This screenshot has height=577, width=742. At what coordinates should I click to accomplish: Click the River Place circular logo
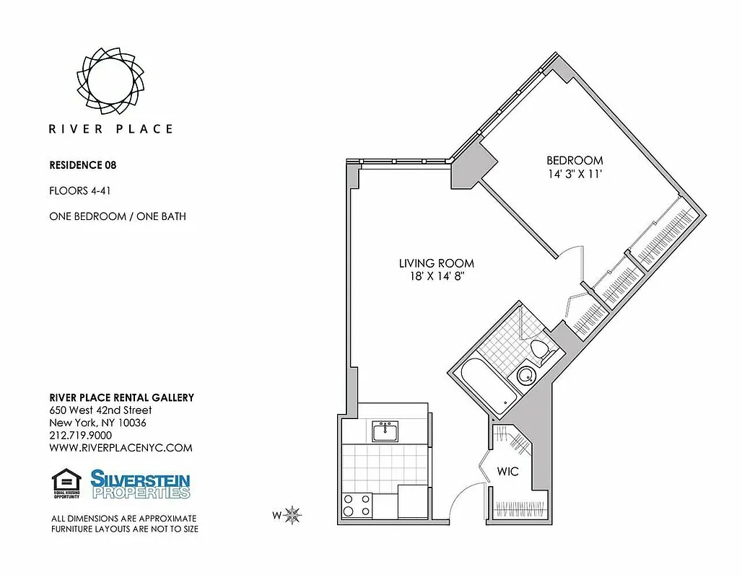(x=110, y=75)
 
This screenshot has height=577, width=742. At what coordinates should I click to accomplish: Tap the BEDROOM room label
(x=575, y=160)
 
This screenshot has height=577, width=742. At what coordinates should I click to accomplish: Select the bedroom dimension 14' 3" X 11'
(x=575, y=174)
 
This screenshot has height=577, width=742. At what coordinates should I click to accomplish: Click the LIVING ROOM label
(x=437, y=263)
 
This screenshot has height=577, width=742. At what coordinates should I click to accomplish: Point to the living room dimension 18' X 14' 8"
(x=437, y=277)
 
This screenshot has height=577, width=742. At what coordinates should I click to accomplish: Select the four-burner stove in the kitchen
(x=357, y=504)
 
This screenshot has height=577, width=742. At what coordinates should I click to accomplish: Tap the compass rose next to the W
(x=293, y=515)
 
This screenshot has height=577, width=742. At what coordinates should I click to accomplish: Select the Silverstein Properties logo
(x=140, y=484)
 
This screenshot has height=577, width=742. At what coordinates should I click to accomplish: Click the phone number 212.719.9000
(x=80, y=435)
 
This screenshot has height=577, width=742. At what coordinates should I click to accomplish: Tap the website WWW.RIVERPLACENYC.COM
(x=121, y=447)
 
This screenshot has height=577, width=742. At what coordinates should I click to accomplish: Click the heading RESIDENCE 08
(x=82, y=164)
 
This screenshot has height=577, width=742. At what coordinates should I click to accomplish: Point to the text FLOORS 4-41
(x=79, y=191)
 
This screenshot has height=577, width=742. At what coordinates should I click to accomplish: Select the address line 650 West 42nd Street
(x=100, y=410)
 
